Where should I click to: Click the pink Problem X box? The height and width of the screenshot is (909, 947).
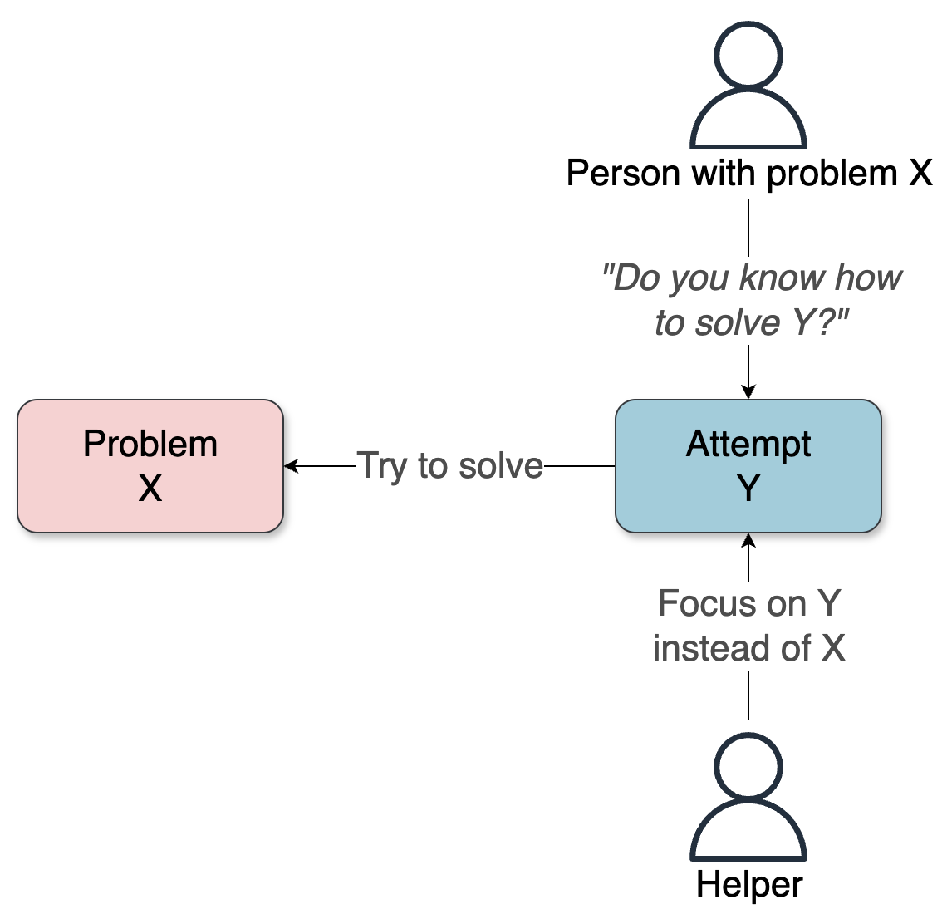coord(150,466)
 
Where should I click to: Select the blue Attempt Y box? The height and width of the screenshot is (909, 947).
coord(748,466)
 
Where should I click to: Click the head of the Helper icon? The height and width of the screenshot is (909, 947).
coord(748,765)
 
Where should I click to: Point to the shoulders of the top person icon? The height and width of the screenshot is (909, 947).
coord(748,120)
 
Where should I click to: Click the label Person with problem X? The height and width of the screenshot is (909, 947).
coord(748,174)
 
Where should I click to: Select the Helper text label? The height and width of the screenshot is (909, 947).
coord(748,885)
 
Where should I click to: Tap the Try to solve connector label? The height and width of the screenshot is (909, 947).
coord(449,466)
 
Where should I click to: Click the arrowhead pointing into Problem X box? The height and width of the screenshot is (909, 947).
coord(290,466)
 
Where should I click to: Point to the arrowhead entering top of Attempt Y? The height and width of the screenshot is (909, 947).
coord(748,393)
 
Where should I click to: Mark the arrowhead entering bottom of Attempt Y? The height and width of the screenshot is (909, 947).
coord(748,539)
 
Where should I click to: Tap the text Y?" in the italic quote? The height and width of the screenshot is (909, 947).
coord(820,323)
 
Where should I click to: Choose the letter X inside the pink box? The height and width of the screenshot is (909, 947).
coord(150,489)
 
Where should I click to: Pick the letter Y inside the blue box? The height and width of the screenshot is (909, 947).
coord(748,489)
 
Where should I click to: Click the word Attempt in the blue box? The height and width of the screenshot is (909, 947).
coord(748,445)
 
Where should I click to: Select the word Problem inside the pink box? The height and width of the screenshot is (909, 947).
coord(150,445)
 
